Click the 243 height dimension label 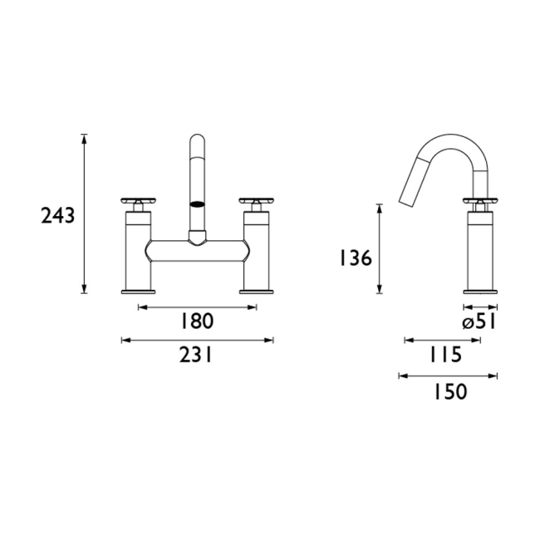click(x=58, y=216)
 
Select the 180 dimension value click(x=197, y=322)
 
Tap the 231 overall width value click(x=197, y=355)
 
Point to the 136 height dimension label click(x=355, y=258)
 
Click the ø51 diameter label click(x=479, y=322)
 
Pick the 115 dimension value click(x=445, y=355)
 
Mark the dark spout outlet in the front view click(x=198, y=203)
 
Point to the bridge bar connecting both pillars click(x=197, y=250)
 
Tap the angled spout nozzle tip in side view click(x=406, y=199)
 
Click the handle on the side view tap click(x=479, y=200)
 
